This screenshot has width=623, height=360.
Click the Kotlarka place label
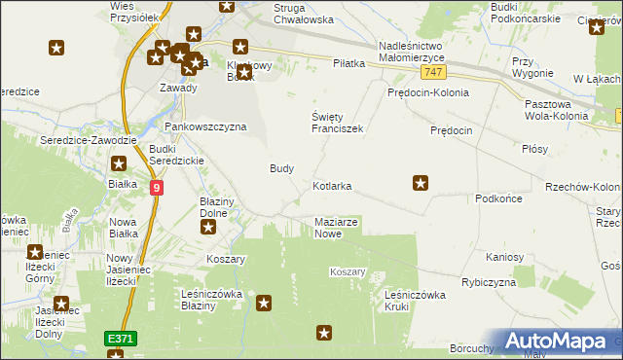332,185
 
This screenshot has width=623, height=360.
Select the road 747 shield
434,73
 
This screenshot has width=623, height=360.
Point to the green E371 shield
121,338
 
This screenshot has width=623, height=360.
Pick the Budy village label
281,168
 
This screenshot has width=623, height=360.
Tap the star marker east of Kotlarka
421,182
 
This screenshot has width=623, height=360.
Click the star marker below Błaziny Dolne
208,228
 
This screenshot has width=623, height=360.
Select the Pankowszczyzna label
204,126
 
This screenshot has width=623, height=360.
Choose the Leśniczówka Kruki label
415,300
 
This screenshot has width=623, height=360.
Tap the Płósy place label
534,149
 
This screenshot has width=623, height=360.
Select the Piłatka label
348,63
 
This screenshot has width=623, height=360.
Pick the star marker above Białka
119,165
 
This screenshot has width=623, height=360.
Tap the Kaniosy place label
505,257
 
